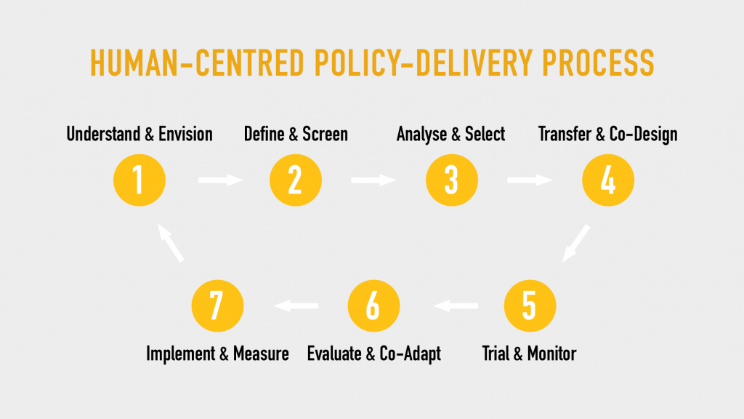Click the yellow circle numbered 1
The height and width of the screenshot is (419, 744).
coord(139,180)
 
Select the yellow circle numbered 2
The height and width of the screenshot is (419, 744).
coord(296,180)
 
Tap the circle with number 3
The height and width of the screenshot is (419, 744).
coord(452,180)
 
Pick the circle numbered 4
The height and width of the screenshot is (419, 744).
coord(608,180)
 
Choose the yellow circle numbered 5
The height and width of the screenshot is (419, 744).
coord(530,306)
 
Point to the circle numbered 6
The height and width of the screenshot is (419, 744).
coord(374,306)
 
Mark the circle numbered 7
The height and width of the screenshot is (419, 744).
coord(218,306)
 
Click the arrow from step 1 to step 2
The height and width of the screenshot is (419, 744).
coord(221,180)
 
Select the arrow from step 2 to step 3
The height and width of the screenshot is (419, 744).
coord(373,180)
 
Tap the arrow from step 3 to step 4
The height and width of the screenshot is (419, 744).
coord(530,180)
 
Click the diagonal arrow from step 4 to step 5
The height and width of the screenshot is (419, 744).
coord(576,243)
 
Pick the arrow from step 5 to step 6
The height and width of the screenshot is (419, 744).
coord(456,306)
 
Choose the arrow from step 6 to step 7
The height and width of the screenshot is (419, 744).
coord(296,306)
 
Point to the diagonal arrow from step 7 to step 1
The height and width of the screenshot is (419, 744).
coord(171,243)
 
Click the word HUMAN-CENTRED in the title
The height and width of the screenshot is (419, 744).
coord(197,63)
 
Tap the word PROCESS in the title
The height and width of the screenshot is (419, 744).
coord(598,63)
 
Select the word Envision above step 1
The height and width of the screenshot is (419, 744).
coord(185,134)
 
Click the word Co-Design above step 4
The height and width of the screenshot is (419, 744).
coord(643,135)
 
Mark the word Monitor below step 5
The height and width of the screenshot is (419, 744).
coord(552,354)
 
